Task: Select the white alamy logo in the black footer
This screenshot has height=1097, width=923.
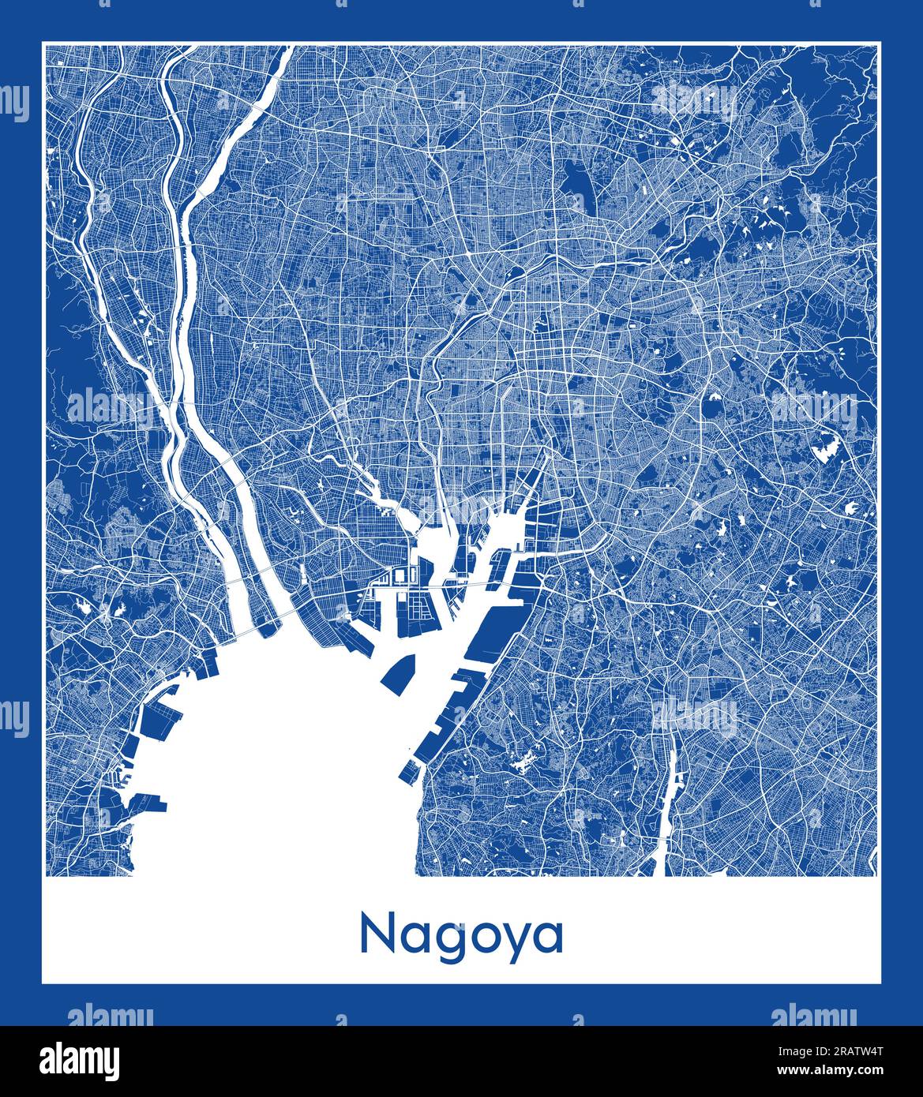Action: pos(80,1060)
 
